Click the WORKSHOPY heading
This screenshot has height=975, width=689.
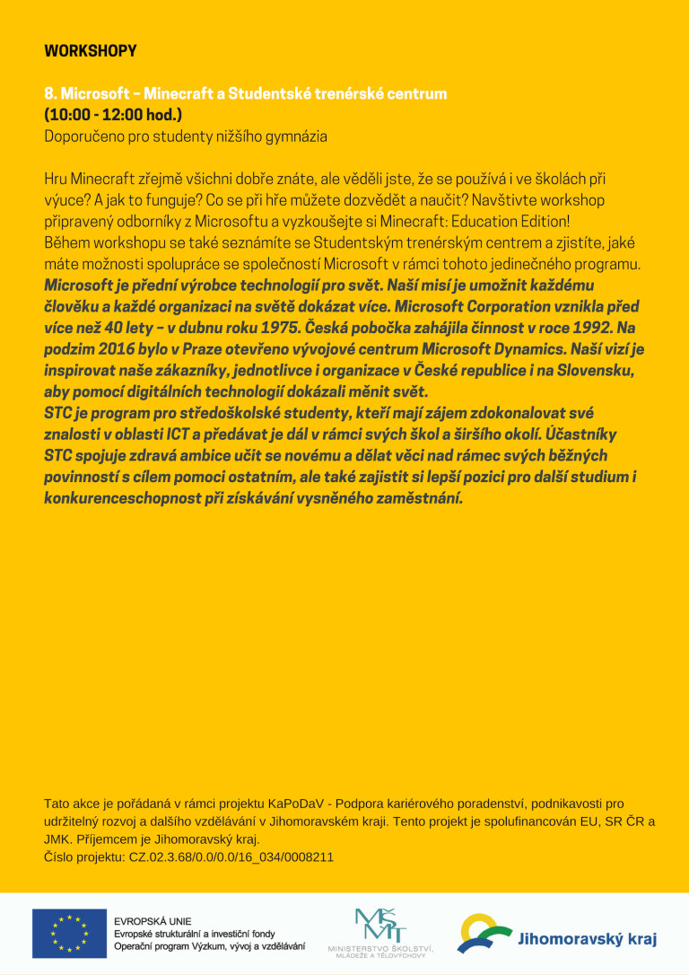pos(90,51)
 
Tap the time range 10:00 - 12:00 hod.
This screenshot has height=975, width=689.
pos(113,115)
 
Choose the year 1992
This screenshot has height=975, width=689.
pos(593,328)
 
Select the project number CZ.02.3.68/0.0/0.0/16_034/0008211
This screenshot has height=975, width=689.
pos(231,857)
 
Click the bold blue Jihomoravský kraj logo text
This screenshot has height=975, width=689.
pos(587,940)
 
